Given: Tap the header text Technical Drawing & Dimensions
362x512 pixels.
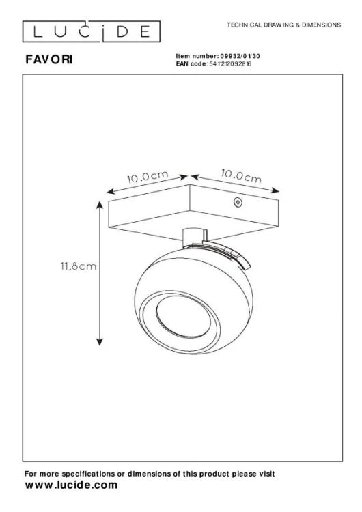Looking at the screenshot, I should click(283, 25).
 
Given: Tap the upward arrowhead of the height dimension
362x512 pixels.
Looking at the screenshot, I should click(100, 205).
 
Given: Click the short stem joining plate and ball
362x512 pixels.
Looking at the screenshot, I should click(191, 236).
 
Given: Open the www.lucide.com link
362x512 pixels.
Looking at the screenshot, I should click(70, 485).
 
